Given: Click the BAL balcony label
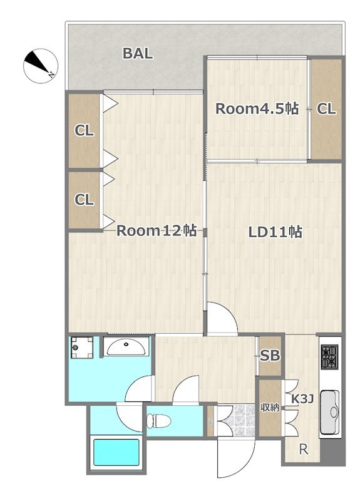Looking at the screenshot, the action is pos(138,54).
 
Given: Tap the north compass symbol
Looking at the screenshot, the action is pos(41,66).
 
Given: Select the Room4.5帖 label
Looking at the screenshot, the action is pos(257,109).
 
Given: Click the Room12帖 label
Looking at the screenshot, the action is pos(156,230).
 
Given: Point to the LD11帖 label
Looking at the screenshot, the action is pos(275,232).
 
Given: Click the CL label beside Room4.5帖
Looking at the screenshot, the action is pos(326,109).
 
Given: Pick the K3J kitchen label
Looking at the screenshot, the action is pos(303,399).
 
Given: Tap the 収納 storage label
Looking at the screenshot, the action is pos(270,408).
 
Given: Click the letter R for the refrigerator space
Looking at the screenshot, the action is pos(304,450).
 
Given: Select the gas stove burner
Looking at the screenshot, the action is pos(330,357).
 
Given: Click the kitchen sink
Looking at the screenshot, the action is pos(330,412).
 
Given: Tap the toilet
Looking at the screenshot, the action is pos(158,421).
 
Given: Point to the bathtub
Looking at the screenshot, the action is pos(116,453).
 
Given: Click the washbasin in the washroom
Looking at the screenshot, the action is pos(126,347).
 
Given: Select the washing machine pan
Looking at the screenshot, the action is pos(82,348).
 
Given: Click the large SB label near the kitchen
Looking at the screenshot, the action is pos(270,356).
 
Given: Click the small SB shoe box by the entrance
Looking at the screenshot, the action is pos(210,421).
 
